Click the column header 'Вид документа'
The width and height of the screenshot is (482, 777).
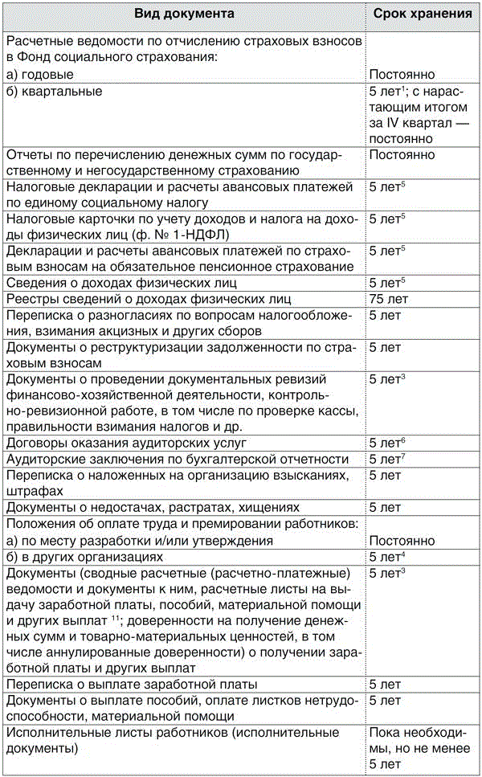click(184, 14)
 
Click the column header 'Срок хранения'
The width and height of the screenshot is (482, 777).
click(421, 14)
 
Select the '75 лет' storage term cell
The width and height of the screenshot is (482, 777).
click(388, 299)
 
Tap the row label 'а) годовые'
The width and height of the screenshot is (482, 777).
click(46, 74)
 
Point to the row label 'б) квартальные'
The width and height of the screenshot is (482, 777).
click(55, 91)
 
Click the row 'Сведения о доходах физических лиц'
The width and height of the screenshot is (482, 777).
click(111, 283)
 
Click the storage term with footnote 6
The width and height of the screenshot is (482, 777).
click(389, 443)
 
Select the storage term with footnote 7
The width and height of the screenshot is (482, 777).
click(389, 459)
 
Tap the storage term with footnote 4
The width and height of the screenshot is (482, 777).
click(389, 557)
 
